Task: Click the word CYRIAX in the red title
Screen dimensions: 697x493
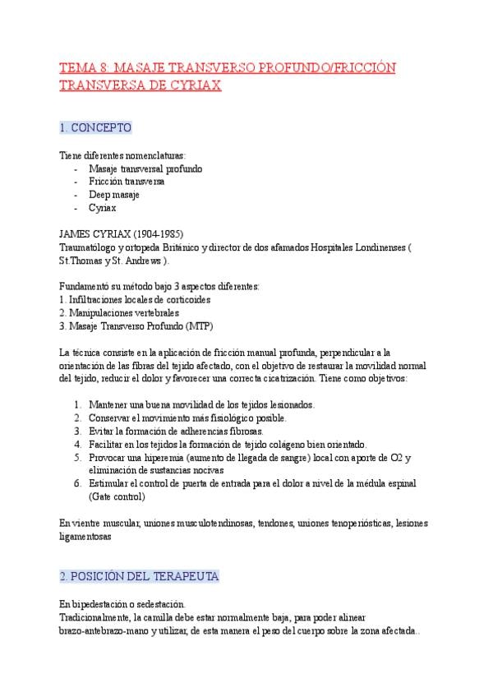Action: tap(195, 86)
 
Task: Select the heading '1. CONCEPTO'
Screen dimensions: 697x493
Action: tap(96, 128)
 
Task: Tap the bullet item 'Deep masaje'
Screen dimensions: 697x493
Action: tap(114, 195)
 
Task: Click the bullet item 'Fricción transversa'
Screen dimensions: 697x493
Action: tap(127, 182)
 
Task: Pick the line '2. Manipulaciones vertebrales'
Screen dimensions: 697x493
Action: tap(119, 312)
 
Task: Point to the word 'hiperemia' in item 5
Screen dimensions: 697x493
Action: tap(160, 457)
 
